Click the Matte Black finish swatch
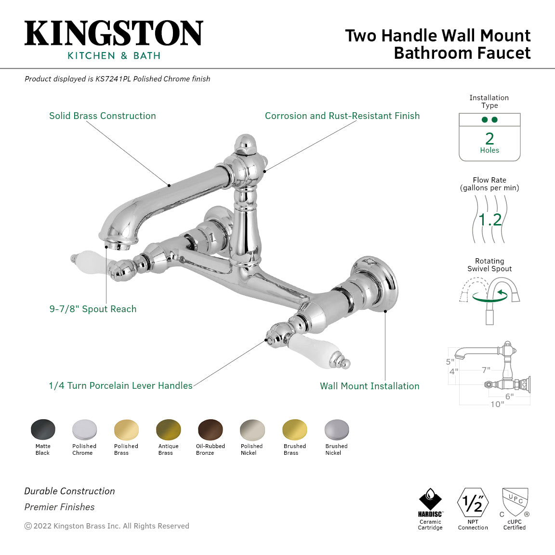coord(43,429)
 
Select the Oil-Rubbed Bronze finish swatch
coord(211,429)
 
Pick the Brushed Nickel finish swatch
coord(336,429)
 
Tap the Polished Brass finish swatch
coord(126,429)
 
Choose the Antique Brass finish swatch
coord(169,429)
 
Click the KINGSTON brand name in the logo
coord(114,33)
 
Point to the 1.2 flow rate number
coord(490,220)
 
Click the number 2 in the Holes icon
coord(489,139)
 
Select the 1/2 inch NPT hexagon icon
coord(473,502)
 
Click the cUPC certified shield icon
coord(515,502)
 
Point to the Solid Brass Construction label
coord(103,116)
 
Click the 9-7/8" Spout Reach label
coord(93,309)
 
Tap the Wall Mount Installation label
coord(370,386)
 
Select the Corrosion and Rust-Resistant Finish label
coord(342,116)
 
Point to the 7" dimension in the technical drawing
coord(486,370)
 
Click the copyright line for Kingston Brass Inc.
coord(107,526)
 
